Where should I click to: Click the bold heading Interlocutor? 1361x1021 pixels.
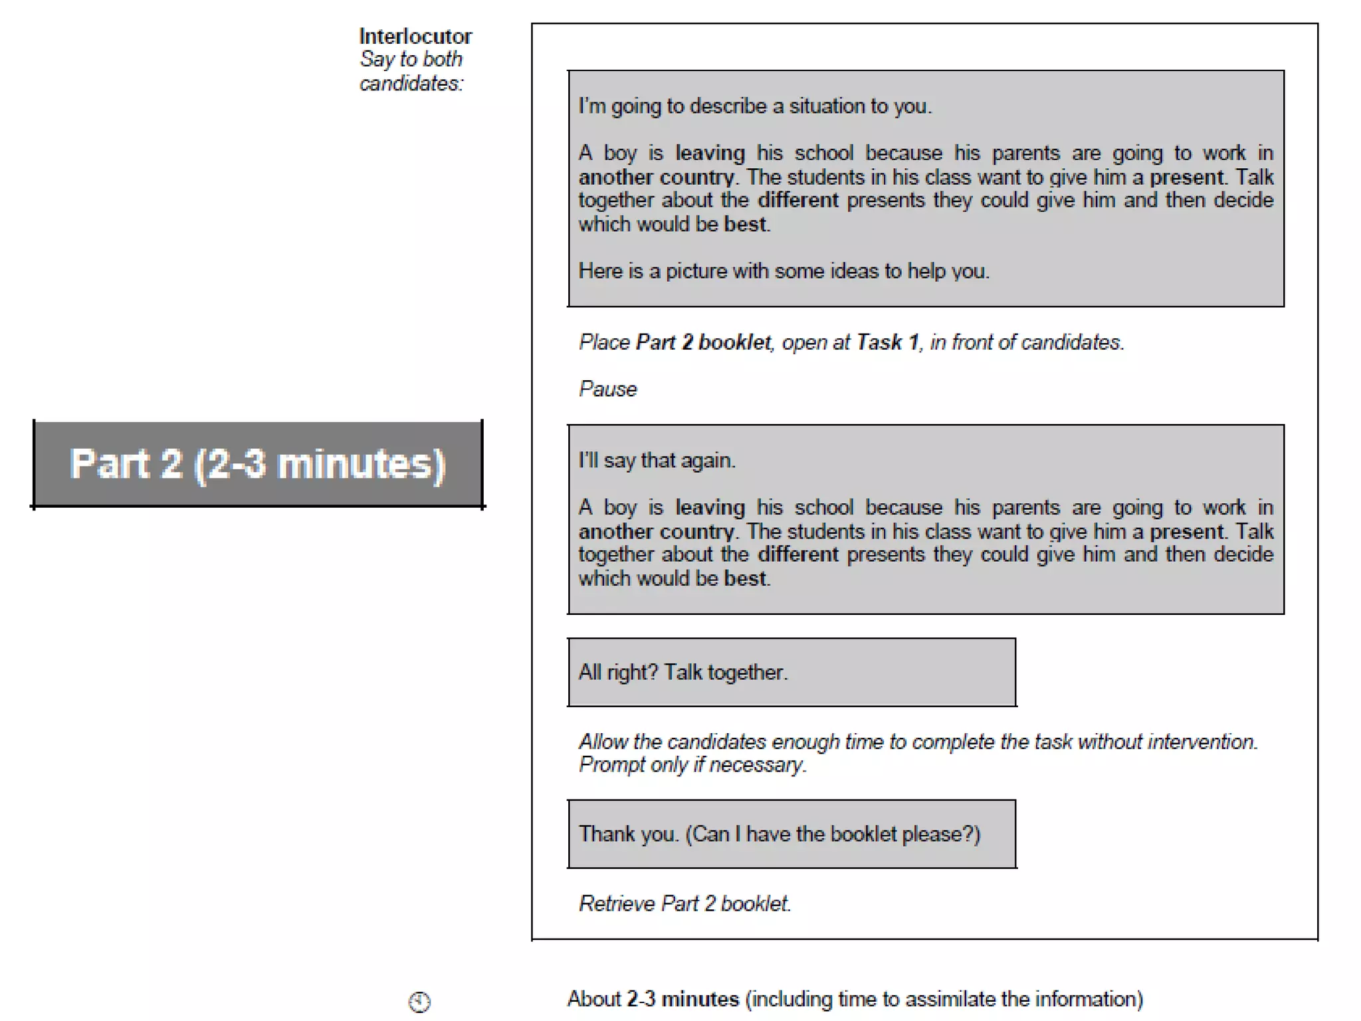(x=415, y=36)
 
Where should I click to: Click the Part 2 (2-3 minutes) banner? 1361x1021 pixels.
(x=258, y=463)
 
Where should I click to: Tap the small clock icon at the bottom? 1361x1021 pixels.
(x=419, y=1001)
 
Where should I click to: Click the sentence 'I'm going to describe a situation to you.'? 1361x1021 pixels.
(x=755, y=106)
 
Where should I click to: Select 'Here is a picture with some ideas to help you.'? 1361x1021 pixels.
(x=784, y=271)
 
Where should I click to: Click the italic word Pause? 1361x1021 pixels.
(x=607, y=389)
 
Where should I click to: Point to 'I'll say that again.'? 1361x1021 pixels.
(x=657, y=461)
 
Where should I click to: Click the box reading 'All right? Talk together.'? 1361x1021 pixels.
(x=791, y=672)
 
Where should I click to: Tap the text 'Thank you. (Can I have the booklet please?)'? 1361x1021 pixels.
(x=780, y=834)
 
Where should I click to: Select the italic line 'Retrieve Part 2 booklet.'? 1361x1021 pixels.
(x=684, y=903)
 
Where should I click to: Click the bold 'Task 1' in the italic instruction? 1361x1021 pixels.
(x=887, y=342)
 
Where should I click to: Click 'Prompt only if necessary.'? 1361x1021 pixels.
(x=692, y=765)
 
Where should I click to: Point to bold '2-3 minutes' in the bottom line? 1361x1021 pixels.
(x=682, y=999)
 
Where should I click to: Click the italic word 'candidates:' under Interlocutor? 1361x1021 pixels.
(x=411, y=84)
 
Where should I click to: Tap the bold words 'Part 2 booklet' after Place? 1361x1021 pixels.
(x=704, y=342)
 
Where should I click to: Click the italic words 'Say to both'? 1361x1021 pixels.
(x=411, y=60)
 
